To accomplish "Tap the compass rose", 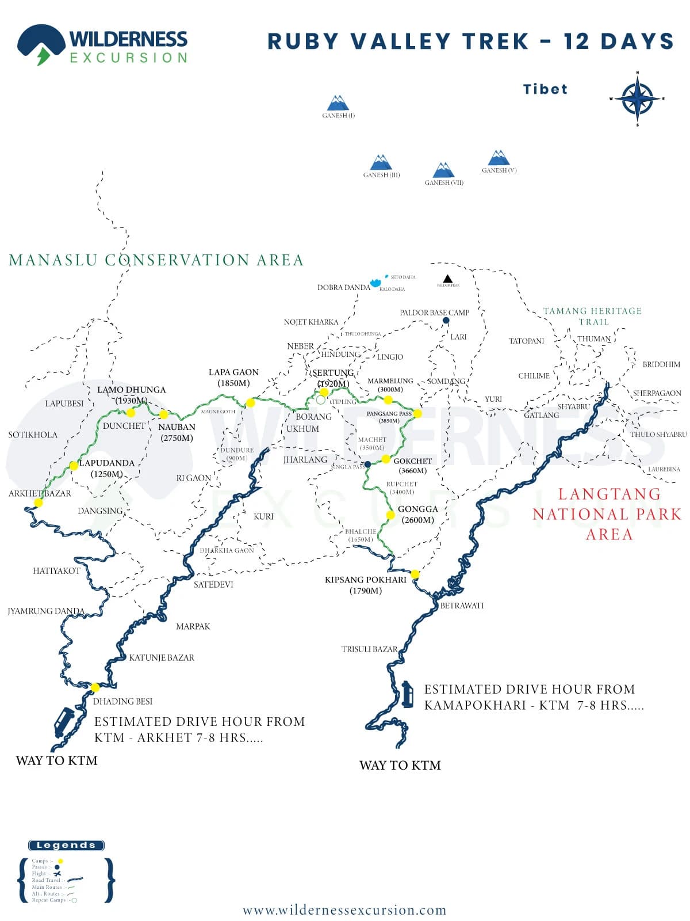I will pos(637,98).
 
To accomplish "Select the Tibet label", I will pos(545,89).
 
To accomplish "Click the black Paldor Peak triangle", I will pos(447,279).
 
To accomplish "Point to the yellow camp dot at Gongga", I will pos(390,515).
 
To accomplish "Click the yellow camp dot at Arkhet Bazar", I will pos(39,503).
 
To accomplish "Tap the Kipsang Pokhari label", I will pos(365,580).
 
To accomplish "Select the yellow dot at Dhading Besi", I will pos(95,687).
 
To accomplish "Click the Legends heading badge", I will pos(66,845).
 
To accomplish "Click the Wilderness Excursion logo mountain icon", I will pos(41,44).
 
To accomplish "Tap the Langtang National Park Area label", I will pos(607,514).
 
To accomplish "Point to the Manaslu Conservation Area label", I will pos(156,260).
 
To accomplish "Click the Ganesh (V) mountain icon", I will pos(499,158).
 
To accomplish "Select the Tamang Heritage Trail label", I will pos(593,316).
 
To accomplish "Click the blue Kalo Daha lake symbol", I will pos(376,283).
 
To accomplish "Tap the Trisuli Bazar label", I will pos(369,649).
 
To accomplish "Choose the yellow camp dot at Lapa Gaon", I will pos(250,402).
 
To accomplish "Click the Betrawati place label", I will pos(462,606).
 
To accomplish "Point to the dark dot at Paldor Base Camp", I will pos(446,321).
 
